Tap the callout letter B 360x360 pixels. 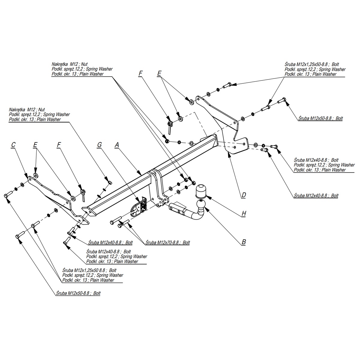point(244,241)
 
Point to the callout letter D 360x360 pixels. point(244,195)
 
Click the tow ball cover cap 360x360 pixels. point(200,191)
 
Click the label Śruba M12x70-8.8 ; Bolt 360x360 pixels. point(167,242)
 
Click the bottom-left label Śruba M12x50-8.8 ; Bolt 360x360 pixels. point(78,293)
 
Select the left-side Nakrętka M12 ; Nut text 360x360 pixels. point(27,110)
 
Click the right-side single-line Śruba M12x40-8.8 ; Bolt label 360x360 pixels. point(316,195)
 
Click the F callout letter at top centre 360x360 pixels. point(140,73)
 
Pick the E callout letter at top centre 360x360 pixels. point(159,73)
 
